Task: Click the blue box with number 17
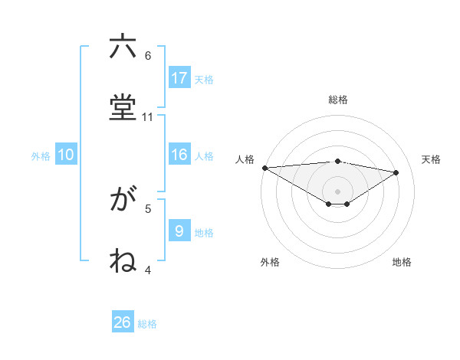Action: (179, 78)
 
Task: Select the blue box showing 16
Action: (179, 155)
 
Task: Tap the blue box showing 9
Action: (179, 231)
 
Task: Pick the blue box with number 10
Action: (66, 155)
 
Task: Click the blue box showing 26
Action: (123, 322)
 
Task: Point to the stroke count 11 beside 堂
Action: (148, 117)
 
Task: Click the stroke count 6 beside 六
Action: (148, 56)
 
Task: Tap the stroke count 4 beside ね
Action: (148, 270)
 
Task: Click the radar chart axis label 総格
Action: (338, 100)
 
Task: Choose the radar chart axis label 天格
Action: (432, 159)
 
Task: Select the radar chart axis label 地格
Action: (402, 262)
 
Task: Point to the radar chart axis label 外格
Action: (270, 262)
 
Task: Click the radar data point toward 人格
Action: (264, 167)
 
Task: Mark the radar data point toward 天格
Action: (396, 172)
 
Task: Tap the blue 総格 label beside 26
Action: (147, 324)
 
